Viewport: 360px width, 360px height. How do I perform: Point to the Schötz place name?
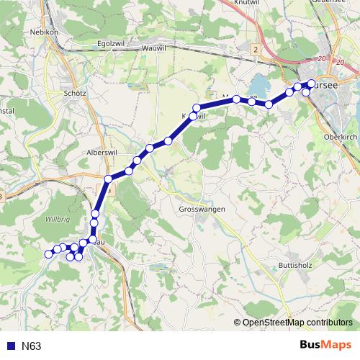tap(75, 94)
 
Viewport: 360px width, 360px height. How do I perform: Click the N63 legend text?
tap(32, 346)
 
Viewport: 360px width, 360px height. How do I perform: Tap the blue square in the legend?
tap(10, 346)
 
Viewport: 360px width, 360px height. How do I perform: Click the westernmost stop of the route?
tap(48, 253)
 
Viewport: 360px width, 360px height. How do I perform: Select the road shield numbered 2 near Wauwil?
tap(256, 48)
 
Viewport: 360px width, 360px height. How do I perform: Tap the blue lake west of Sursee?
tap(259, 86)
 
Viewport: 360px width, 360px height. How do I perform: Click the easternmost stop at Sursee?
tap(312, 83)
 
